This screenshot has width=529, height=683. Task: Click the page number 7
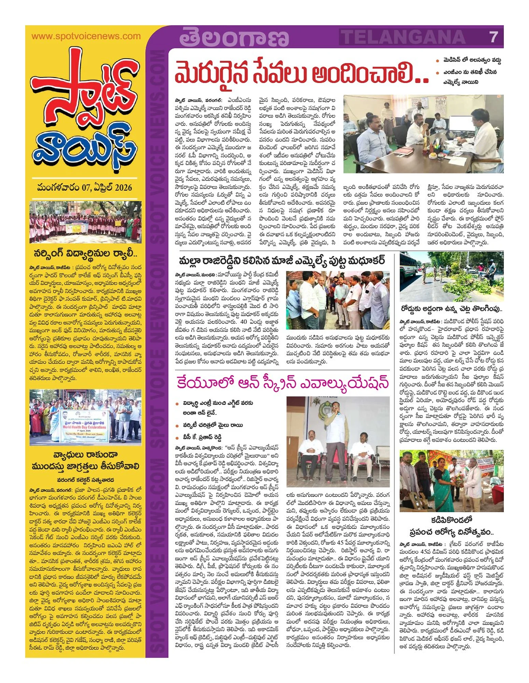[x=494, y=37]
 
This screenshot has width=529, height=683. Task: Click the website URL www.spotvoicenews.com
[x=86, y=36]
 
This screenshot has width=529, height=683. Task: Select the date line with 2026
[x=85, y=188]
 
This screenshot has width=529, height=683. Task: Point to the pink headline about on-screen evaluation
[x=283, y=383]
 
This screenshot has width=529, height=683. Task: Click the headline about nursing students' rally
[x=86, y=254]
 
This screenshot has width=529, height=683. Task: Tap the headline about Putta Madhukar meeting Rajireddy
[x=282, y=261]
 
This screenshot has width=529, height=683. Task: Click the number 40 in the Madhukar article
[x=244, y=322]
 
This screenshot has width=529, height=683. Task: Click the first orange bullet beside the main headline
[x=438, y=61]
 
